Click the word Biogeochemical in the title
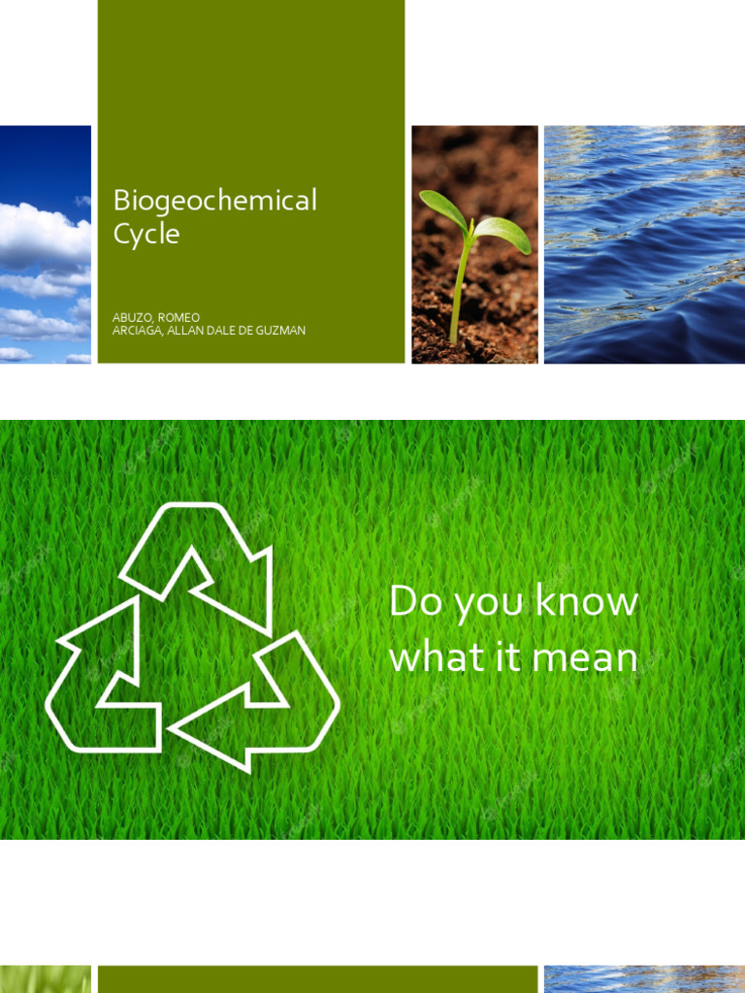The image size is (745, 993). point(214,201)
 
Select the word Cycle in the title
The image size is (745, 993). point(146,235)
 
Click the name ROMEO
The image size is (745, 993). point(179,317)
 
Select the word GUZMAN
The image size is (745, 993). point(280,331)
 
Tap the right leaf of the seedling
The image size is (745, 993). point(503,232)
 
